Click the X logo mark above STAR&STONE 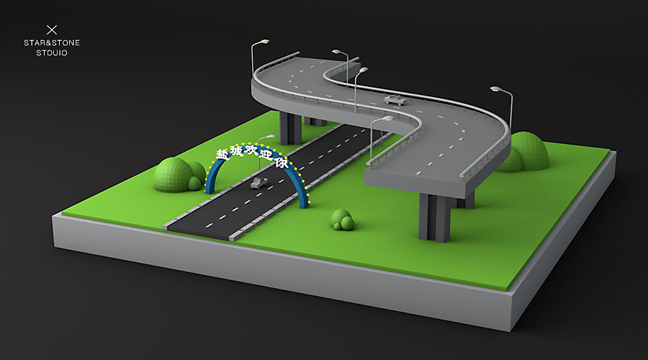pos(51,30)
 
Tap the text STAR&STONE pos(52,43)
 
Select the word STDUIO pos(52,53)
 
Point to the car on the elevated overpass pos(395,99)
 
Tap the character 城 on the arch pos(236,149)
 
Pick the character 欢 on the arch pos(251,149)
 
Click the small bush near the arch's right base pos(342,220)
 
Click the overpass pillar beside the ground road pos(290,127)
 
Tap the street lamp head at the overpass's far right pos(496,89)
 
